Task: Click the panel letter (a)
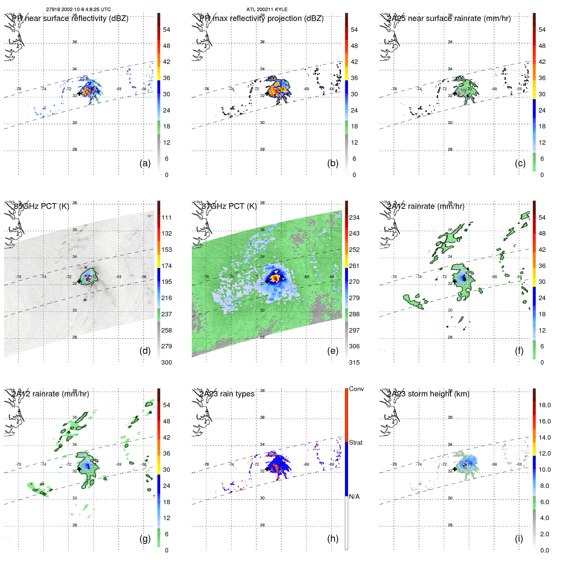(145, 163)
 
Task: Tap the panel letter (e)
(333, 351)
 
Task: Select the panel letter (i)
(519, 539)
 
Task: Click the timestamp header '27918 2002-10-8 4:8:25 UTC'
(79, 10)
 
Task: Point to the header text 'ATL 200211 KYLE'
(267, 10)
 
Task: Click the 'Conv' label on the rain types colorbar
(356, 389)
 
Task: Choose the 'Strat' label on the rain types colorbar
(355, 443)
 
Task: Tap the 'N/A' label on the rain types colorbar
(354, 497)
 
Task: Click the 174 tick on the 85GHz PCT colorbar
(167, 266)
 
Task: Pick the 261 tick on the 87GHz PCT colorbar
(354, 266)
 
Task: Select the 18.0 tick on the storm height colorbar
(545, 405)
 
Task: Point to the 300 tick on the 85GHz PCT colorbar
(167, 362)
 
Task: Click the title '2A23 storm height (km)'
(428, 394)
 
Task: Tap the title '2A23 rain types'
(227, 394)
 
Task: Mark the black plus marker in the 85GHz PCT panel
(79, 281)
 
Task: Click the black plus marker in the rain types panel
(267, 469)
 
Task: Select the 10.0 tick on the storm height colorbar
(545, 470)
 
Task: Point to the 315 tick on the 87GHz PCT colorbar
(354, 362)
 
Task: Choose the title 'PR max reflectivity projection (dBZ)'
(262, 18)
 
